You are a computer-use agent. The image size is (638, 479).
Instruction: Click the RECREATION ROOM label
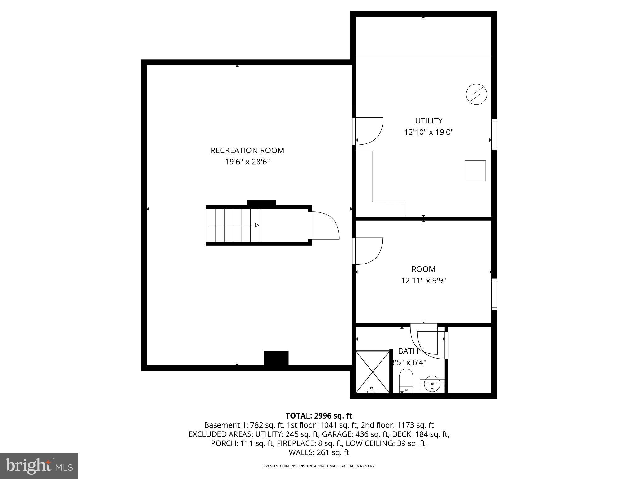pos(247,150)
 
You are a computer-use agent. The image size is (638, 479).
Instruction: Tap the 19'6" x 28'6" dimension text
pos(247,162)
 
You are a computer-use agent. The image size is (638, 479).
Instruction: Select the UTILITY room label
pos(428,121)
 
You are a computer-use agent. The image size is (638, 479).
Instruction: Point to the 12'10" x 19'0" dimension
pos(428,132)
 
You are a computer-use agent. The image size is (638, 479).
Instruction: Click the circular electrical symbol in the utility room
pos(476,94)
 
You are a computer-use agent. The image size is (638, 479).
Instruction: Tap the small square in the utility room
pos(475,171)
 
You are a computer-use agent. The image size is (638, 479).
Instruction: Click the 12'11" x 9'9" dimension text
pos(423,281)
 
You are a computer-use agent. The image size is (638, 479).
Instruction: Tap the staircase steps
pos(233,225)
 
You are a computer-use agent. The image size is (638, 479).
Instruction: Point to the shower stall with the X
pos(373,372)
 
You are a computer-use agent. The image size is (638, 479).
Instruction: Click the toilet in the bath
pos(406,380)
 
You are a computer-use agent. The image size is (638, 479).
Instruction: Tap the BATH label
pos(408,351)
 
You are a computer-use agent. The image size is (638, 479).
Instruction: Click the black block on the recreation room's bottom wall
pos(276,358)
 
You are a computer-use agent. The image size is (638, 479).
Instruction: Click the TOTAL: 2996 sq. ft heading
pos(319,416)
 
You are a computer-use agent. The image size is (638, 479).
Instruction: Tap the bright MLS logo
pos(39,466)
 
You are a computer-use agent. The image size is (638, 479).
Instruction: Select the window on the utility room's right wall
pos(494,135)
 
